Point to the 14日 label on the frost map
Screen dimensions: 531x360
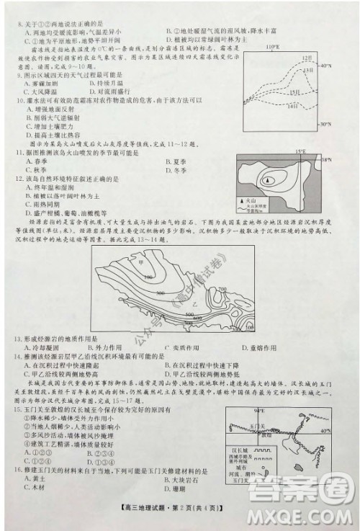click(x=292, y=107)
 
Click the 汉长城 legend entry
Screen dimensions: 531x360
click(x=237, y=450)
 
